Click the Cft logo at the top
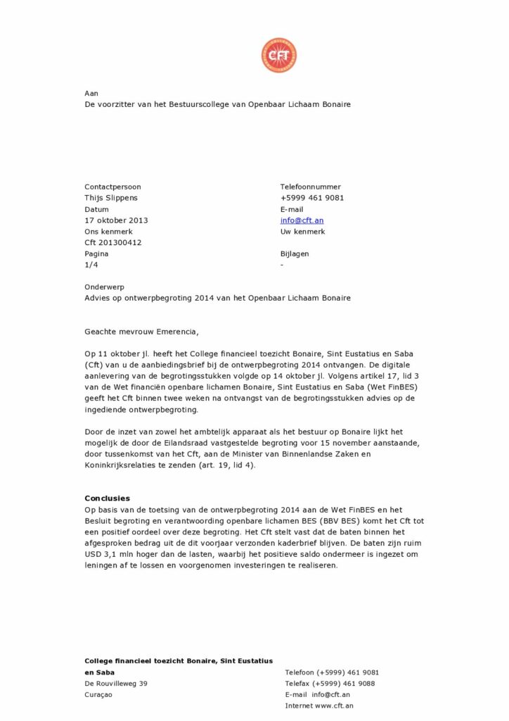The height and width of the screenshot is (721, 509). [278, 56]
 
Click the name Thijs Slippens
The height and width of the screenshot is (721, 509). [111, 198]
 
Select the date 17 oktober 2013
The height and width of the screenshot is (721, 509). [116, 220]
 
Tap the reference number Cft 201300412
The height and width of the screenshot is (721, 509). [112, 243]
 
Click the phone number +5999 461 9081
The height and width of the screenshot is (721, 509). [312, 198]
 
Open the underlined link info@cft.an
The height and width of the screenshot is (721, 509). [302, 220]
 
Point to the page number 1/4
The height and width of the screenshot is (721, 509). [91, 265]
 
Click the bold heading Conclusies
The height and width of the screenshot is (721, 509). [107, 499]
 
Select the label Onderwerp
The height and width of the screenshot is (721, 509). [103, 287]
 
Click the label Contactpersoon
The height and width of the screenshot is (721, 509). [112, 187]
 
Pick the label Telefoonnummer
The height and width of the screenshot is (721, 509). [310, 187]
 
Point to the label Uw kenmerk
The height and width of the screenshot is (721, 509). [302, 232]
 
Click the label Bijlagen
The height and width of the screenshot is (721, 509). [295, 253]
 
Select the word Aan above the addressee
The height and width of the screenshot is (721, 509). [91, 93]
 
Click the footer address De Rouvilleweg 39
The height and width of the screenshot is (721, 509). [116, 684]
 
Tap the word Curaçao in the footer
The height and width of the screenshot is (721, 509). [98, 695]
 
